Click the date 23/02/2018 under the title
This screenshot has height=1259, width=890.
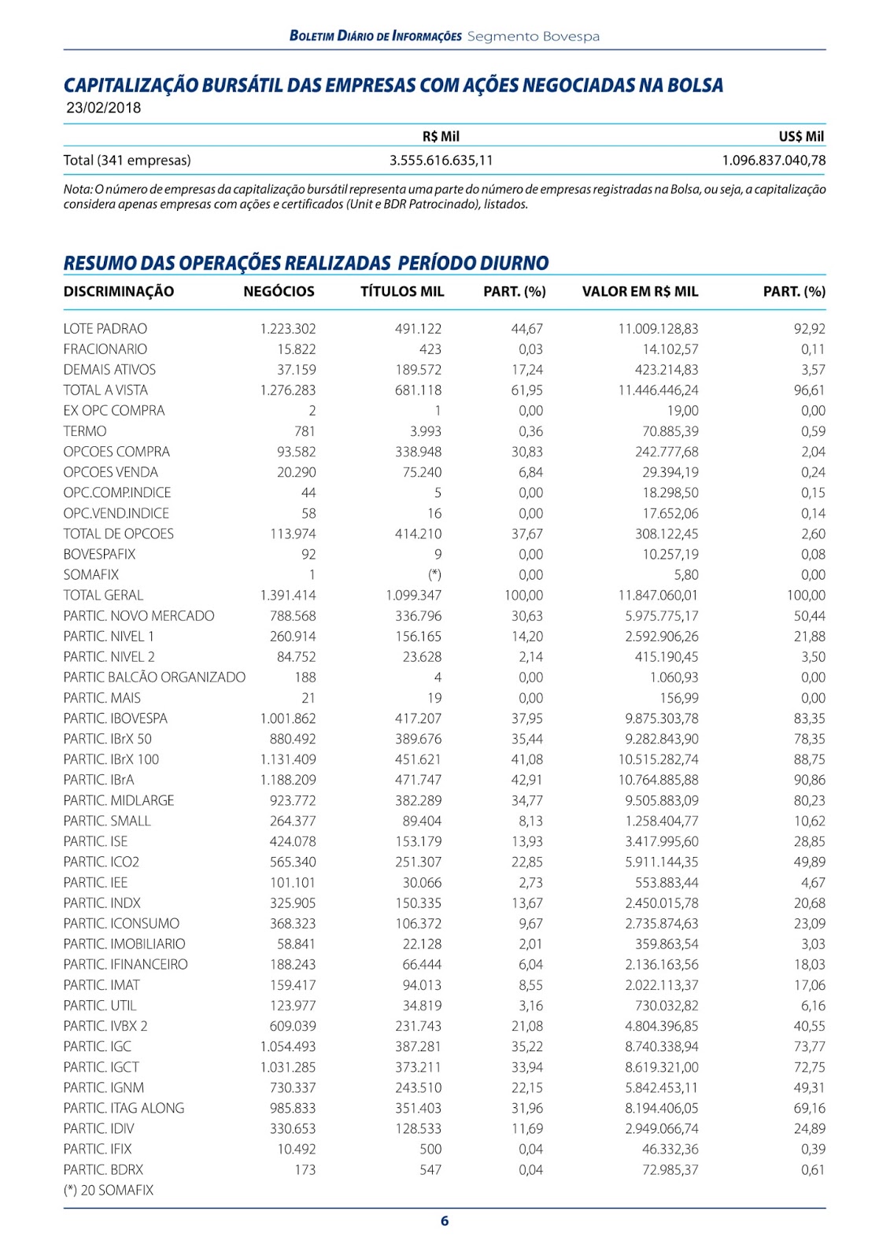click(104, 109)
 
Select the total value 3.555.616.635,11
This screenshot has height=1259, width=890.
click(441, 161)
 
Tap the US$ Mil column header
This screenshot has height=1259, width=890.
click(801, 136)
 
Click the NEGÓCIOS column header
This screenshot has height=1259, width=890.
click(279, 292)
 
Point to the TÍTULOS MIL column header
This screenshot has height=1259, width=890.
click(402, 292)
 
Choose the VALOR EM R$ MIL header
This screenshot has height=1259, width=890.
click(640, 292)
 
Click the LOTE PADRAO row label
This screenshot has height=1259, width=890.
click(105, 329)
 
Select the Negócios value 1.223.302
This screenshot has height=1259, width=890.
click(288, 329)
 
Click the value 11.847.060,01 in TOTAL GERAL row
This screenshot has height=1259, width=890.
click(658, 596)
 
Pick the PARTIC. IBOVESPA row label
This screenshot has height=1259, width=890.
click(116, 718)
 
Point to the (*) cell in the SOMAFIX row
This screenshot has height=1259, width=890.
click(434, 575)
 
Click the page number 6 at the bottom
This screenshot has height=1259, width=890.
click(445, 1221)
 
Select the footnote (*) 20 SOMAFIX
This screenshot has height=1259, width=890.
click(109, 1191)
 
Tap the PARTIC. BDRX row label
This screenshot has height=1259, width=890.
click(104, 1170)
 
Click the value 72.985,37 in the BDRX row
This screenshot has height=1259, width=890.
click(670, 1170)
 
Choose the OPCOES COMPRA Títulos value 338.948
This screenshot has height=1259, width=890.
click(418, 452)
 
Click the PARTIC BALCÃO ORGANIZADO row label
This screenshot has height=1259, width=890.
click(154, 677)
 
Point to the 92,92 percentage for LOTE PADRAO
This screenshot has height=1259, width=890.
click(809, 329)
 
